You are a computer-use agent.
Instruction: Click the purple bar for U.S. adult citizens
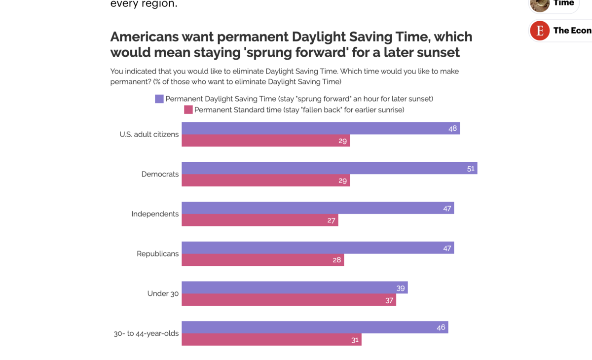(321, 128)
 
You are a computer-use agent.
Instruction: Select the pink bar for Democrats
(265, 180)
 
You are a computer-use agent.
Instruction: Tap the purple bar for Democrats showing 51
(329, 168)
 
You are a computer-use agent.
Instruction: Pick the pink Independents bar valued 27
(259, 220)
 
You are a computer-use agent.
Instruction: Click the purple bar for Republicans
(318, 248)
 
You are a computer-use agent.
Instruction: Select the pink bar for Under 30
(289, 300)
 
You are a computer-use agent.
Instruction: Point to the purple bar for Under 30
(295, 288)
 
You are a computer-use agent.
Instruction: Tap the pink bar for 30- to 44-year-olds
(271, 340)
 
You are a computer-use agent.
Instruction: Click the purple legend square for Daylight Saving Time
(159, 99)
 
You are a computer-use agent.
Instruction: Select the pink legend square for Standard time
(188, 109)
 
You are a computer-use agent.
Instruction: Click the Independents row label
(155, 214)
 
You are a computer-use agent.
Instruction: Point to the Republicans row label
(158, 254)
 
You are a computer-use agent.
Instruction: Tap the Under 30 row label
(163, 294)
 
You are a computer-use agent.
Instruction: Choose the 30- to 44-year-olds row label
(146, 333)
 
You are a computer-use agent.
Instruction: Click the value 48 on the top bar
(452, 129)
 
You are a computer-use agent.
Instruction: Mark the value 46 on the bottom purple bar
(441, 327)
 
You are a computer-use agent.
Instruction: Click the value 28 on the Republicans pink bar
(336, 260)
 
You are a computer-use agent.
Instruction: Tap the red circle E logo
(540, 31)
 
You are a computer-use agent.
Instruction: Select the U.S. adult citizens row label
(149, 135)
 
